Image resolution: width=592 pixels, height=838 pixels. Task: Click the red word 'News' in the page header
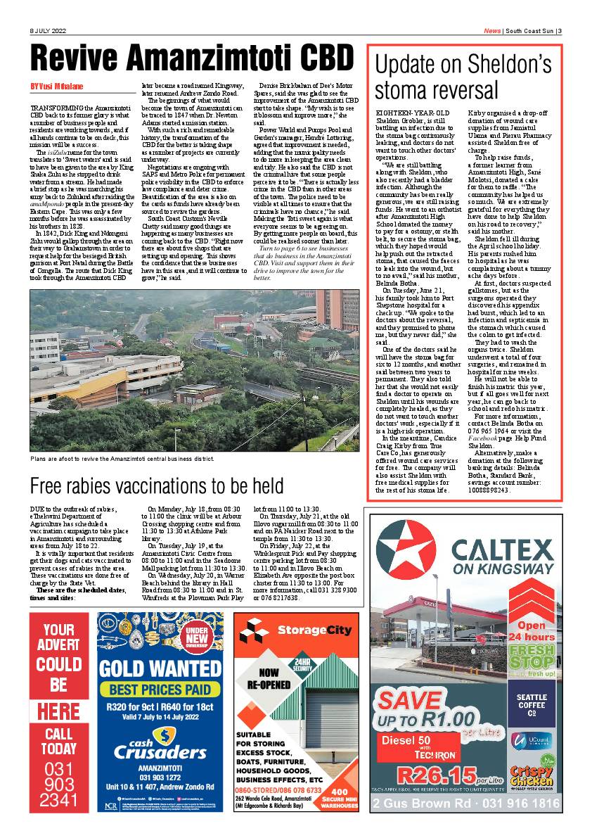tap(492, 30)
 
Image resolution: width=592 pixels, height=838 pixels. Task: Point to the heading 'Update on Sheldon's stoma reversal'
tap(463, 77)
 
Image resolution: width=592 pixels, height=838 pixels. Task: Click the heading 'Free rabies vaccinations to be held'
tap(157, 485)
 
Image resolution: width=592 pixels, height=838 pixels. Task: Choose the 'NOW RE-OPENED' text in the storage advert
tap(269, 678)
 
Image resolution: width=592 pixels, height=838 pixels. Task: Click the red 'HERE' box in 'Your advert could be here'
tap(58, 709)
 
